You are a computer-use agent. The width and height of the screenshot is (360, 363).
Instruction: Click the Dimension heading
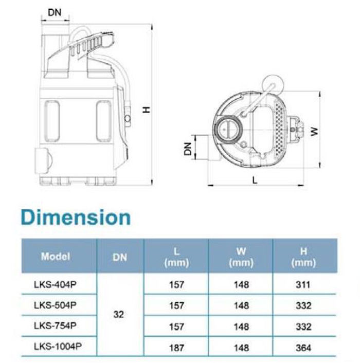tap(76, 217)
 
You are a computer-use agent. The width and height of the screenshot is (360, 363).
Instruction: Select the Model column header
tap(56, 256)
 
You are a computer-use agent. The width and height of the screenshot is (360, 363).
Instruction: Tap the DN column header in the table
tap(120, 257)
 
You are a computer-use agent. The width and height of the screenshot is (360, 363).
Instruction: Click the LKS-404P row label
tap(55, 284)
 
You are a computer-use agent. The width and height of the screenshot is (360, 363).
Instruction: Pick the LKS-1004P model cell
tap(58, 347)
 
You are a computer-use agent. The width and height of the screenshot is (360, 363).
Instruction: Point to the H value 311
tap(303, 284)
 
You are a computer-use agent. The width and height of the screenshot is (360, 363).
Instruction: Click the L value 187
tap(176, 348)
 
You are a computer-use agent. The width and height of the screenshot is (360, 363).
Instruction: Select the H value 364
tap(303, 348)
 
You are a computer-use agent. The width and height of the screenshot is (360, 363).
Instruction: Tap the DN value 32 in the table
tap(118, 314)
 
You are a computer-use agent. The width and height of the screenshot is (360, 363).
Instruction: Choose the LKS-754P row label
tap(55, 326)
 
